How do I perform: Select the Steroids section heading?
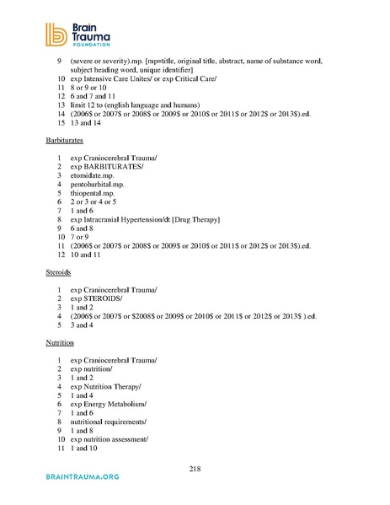click(x=57, y=273)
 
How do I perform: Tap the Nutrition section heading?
click(x=59, y=345)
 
